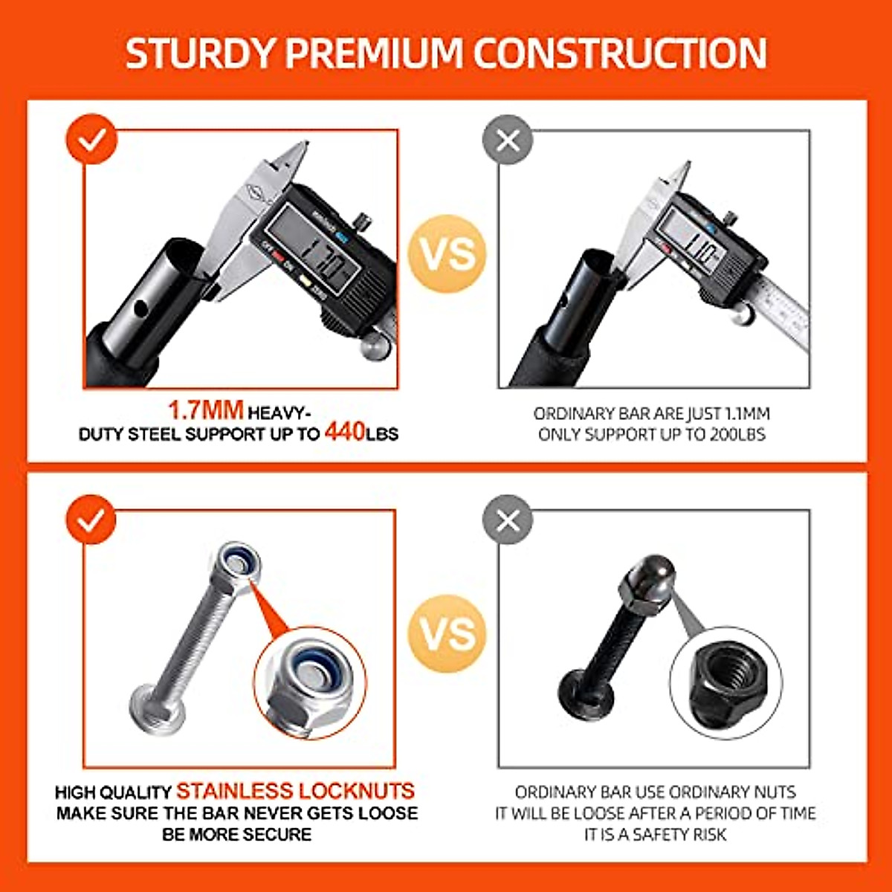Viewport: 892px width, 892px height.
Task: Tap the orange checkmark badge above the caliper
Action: click(91, 139)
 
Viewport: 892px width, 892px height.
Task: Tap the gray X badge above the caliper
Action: click(508, 139)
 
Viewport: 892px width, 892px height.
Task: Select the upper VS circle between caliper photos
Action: click(447, 253)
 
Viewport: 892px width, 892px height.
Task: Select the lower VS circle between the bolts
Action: click(447, 633)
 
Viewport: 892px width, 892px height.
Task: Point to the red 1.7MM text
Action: click(206, 410)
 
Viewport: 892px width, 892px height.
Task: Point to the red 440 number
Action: click(344, 432)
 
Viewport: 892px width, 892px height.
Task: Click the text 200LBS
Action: click(737, 435)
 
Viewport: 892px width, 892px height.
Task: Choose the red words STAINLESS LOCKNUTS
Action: click(295, 791)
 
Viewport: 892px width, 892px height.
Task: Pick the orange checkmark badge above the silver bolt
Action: click(91, 520)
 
